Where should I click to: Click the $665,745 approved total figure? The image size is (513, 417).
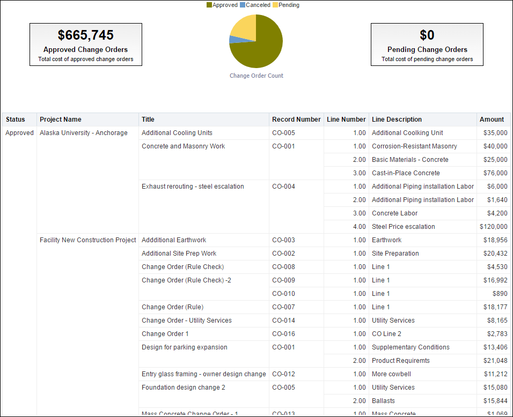86,35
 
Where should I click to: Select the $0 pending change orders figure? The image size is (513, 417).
427,35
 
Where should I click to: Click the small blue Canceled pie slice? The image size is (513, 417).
232,39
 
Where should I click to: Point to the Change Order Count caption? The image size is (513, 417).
256,76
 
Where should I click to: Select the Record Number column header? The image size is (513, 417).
296,120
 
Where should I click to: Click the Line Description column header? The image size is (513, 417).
397,120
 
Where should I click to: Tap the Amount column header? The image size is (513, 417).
492,120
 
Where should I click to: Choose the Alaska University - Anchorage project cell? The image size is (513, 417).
84,133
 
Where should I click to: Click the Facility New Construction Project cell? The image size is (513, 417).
88,240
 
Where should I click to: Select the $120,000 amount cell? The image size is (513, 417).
493,227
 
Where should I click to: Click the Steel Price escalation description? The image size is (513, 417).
403,227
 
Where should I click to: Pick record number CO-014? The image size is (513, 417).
283,321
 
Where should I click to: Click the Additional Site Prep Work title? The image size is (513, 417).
179,254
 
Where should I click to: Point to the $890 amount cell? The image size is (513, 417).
500,294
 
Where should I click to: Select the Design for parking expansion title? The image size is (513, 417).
184,347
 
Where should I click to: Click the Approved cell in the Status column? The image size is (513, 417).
19,133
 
